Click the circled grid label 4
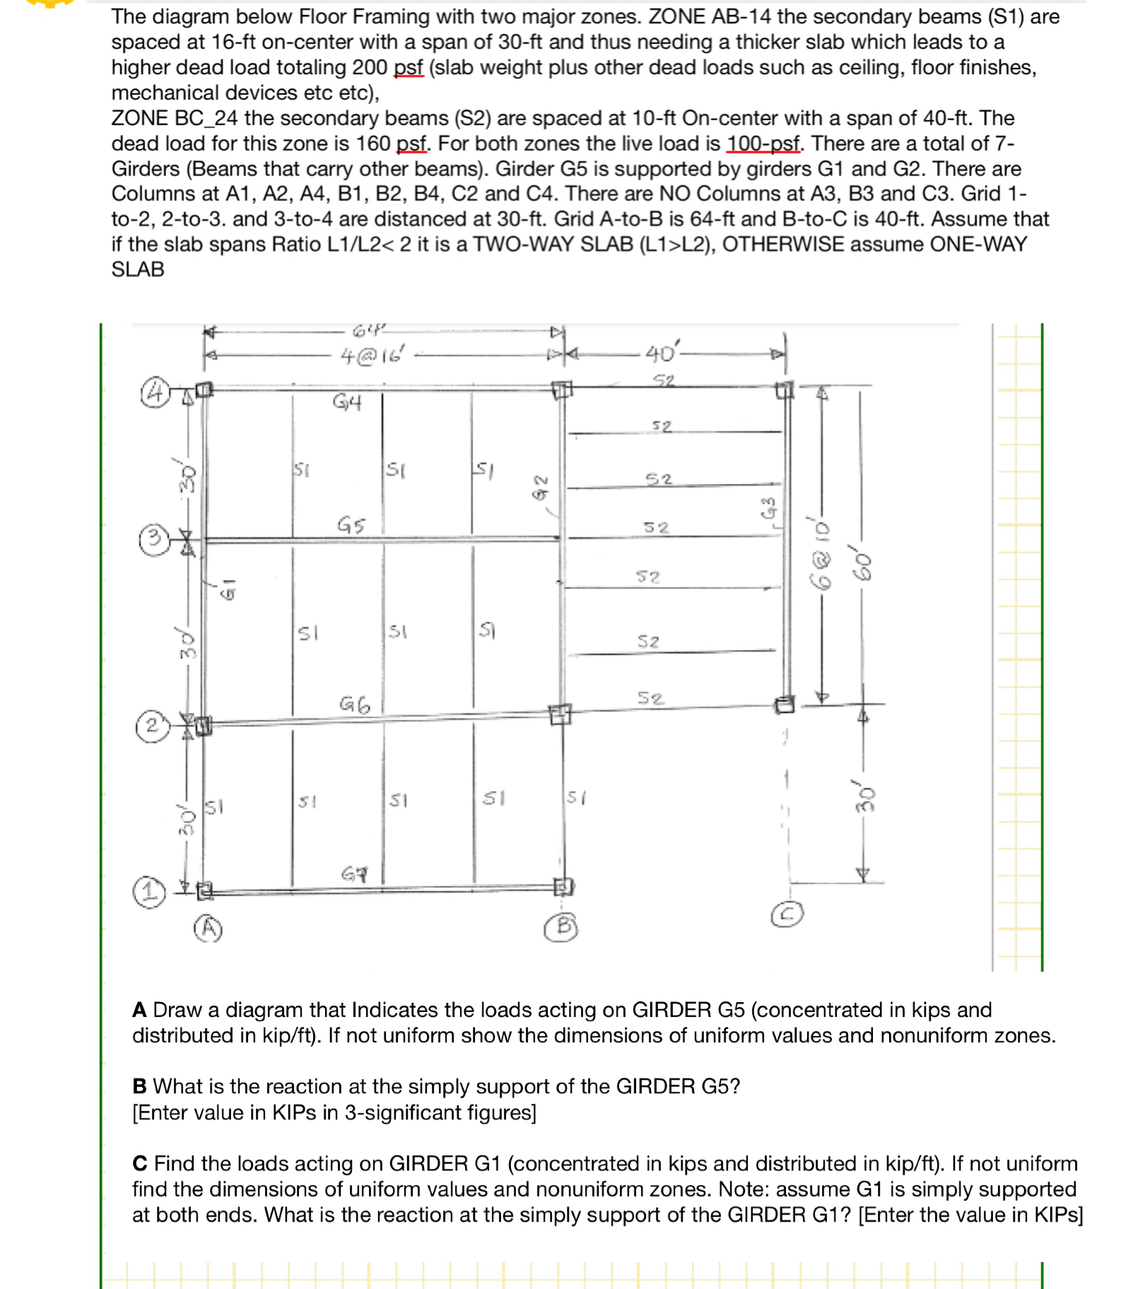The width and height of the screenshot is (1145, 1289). click(155, 392)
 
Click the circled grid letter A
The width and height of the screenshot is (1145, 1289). click(208, 928)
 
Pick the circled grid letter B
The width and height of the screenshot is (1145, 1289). click(561, 926)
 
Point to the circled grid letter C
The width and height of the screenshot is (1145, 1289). click(787, 914)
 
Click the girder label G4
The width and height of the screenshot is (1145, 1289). click(347, 403)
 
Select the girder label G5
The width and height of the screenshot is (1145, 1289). click(351, 524)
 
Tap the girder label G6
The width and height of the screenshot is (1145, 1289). click(354, 705)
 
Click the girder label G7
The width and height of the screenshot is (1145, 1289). click(354, 874)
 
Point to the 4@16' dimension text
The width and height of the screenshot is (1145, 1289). click(371, 355)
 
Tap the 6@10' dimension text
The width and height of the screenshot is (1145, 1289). click(821, 555)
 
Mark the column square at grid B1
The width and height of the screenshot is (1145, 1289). click(563, 886)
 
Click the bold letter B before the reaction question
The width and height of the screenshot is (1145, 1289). click(139, 1086)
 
